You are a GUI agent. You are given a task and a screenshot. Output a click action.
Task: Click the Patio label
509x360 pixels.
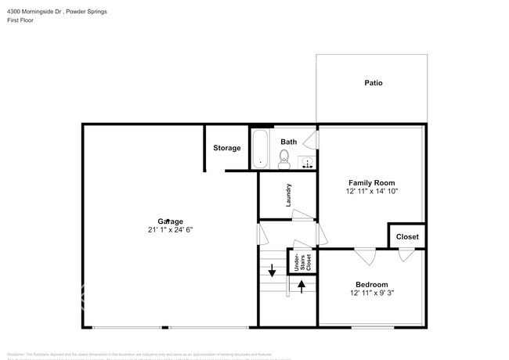373,82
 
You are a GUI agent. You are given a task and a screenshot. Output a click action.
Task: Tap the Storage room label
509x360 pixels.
226,148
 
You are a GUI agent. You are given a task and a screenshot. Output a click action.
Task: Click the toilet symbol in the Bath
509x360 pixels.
285,160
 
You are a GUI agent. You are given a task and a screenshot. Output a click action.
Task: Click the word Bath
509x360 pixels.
289,142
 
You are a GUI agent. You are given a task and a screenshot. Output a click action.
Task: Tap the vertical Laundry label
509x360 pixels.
288,194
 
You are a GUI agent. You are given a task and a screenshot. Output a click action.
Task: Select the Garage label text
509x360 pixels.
169,221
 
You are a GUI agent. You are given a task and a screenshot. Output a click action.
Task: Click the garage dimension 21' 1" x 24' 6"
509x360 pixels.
169,230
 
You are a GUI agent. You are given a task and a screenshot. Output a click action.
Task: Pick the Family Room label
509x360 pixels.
372,182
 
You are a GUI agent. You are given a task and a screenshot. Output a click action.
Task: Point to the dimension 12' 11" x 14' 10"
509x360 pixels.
372,191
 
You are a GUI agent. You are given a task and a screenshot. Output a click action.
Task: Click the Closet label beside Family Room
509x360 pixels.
407,236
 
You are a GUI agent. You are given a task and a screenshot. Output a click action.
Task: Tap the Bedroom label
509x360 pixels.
371,284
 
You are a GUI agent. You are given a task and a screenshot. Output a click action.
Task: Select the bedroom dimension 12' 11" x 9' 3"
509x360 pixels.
371,293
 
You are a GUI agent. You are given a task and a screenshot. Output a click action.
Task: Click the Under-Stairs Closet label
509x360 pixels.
302,261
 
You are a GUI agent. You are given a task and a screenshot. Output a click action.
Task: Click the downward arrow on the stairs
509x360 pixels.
272,272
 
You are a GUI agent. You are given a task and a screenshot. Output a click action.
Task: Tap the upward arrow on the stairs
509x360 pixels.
301,286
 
